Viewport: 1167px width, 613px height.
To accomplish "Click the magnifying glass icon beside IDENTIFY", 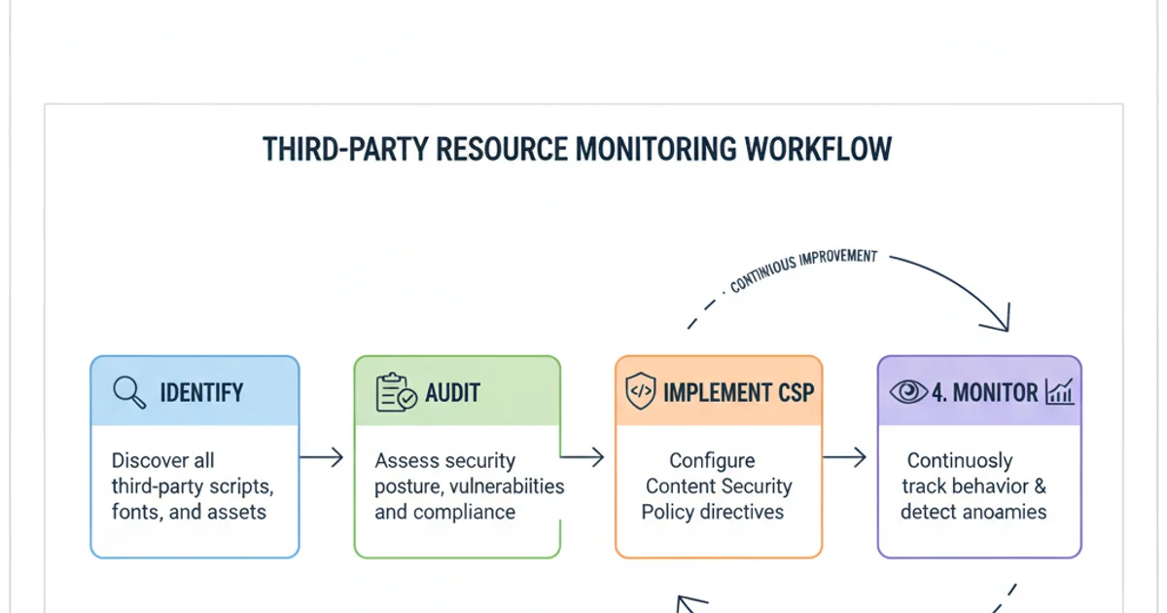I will [129, 392].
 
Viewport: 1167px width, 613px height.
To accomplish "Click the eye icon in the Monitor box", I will [909, 392].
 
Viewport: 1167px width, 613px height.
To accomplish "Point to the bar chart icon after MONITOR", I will [1059, 392].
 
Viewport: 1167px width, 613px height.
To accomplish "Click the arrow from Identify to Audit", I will [322, 457].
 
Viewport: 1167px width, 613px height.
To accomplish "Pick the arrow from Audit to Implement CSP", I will [583, 455].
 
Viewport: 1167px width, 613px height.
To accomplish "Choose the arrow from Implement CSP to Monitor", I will [844, 457].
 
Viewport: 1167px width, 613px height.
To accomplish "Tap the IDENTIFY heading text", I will [201, 393].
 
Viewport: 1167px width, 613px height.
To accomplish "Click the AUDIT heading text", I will [452, 393].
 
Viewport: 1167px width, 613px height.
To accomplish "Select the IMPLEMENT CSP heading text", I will [738, 393].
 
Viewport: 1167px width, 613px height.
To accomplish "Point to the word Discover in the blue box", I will [150, 460].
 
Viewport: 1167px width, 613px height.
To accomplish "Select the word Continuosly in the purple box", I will [959, 460].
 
